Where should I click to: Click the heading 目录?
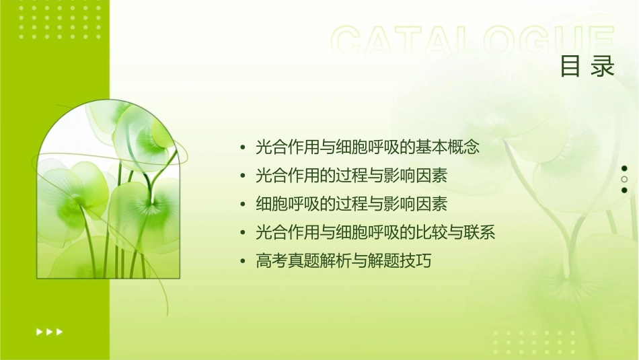coord(587,66)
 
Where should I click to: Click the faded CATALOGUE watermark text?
coord(473,42)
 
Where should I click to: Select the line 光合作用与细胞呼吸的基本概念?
coord(367,147)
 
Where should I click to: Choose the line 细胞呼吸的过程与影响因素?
coord(352,204)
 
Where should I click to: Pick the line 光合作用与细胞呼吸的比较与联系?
coord(375,233)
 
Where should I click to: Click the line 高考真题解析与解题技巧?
coord(343,261)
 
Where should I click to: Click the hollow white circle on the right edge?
coord(624,180)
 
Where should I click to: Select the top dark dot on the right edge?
coord(624,168)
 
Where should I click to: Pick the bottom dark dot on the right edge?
coord(624,190)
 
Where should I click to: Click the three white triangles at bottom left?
coord(49,332)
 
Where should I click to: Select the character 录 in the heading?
coord(603,66)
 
